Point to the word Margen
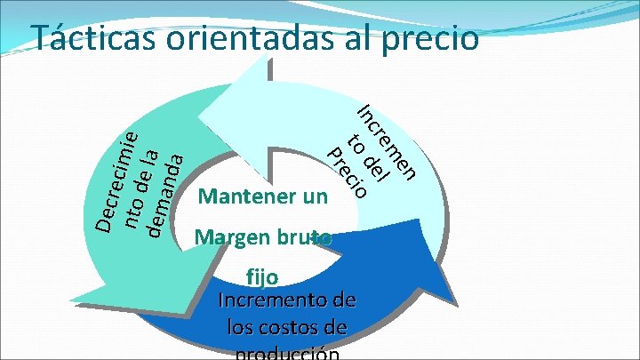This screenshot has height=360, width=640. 232,237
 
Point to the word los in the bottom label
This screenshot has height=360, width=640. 242,328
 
